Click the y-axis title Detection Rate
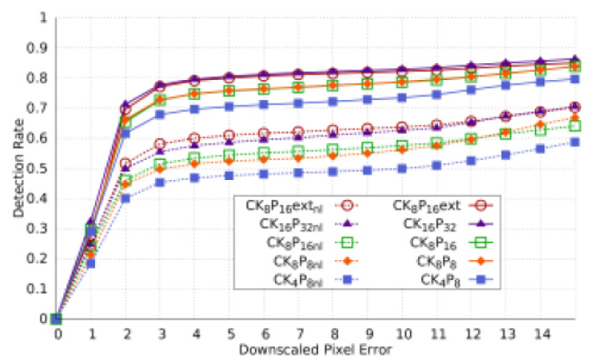18,168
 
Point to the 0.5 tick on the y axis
42,168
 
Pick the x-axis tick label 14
542,334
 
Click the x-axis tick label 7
299,334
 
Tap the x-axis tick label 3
160,334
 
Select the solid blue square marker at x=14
542,82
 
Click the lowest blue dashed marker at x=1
91,263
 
